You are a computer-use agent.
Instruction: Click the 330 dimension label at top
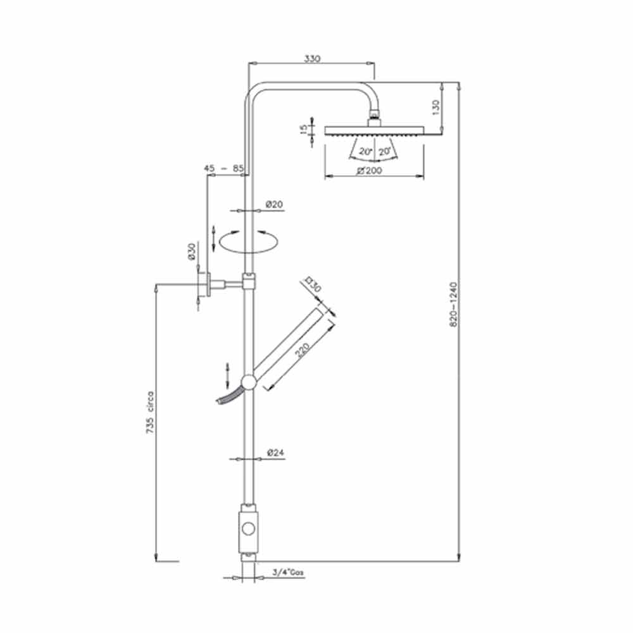pyautogui.click(x=312, y=58)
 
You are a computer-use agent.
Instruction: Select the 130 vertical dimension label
pyautogui.click(x=436, y=108)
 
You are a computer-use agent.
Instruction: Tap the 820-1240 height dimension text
pyautogui.click(x=454, y=304)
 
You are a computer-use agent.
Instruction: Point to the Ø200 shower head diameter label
pyautogui.click(x=370, y=170)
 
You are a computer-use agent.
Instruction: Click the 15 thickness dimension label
pyautogui.click(x=304, y=129)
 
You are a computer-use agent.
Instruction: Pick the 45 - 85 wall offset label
pyautogui.click(x=223, y=168)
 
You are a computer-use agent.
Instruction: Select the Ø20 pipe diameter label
pyautogui.click(x=274, y=204)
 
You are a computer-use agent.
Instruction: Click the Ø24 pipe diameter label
pyautogui.click(x=275, y=453)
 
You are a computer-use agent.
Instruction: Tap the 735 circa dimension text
pyautogui.click(x=150, y=412)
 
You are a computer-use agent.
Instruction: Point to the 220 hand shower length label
pyautogui.click(x=302, y=349)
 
